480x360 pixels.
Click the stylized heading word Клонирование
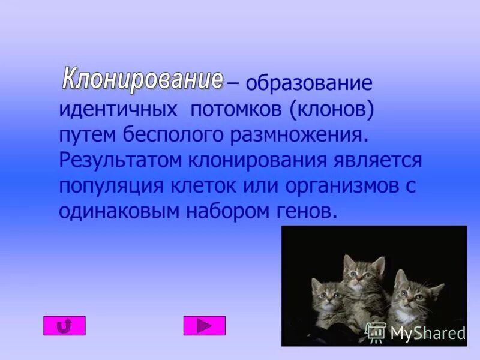(142, 80)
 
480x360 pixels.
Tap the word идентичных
(118, 110)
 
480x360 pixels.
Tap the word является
(378, 161)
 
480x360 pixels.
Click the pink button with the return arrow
(64, 326)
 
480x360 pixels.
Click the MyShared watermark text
(427, 333)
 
